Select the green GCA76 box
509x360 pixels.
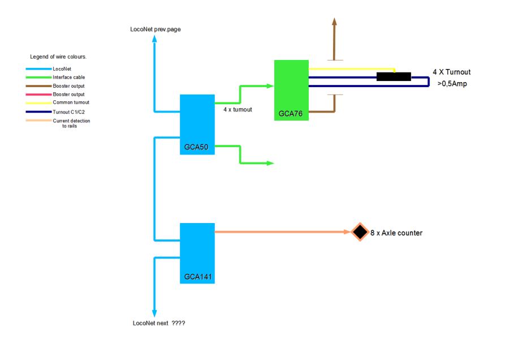[291, 90]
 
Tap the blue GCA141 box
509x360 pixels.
[197, 253]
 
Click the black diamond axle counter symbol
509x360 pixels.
[359, 232]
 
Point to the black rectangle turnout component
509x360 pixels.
[394, 77]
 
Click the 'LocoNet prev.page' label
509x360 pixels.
[156, 29]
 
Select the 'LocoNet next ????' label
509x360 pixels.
[159, 323]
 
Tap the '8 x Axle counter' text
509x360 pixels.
[396, 233]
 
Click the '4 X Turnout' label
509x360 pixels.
[451, 72]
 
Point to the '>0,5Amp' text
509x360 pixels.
[451, 84]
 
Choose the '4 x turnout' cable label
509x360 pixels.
[238, 109]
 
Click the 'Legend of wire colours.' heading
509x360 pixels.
[58, 57]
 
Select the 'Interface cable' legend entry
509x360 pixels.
[69, 77]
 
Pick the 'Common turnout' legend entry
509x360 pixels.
[71, 102]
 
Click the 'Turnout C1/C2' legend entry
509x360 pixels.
[70, 112]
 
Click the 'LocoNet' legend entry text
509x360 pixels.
[62, 68]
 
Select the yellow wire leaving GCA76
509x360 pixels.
[351, 70]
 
